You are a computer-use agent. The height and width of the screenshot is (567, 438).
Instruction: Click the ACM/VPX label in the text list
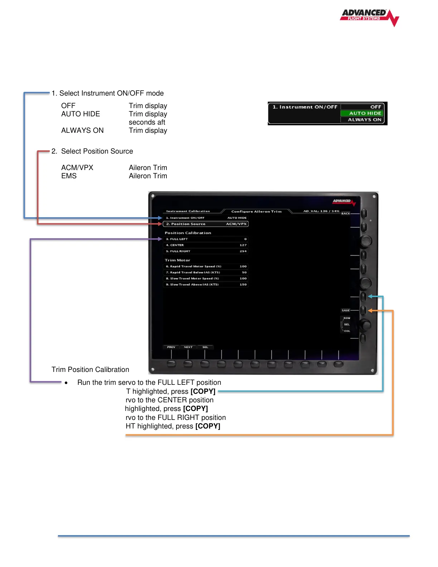(x=77, y=168)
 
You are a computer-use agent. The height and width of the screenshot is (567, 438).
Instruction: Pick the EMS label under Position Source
(x=69, y=176)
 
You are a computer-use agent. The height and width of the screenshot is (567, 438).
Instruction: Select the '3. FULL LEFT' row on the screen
(x=177, y=239)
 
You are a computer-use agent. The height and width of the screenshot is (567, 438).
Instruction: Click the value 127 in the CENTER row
(x=243, y=245)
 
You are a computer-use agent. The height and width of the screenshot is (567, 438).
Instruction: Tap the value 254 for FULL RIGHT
(x=243, y=251)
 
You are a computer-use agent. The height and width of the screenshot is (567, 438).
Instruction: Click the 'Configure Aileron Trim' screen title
(x=256, y=212)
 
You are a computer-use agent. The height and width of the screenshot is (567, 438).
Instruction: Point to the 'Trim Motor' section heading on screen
(x=177, y=260)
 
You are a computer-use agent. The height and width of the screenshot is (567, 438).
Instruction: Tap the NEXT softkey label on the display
(x=188, y=347)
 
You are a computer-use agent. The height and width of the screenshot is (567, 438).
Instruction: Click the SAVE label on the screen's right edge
(x=346, y=311)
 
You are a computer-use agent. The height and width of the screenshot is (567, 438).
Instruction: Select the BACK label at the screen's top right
(x=346, y=214)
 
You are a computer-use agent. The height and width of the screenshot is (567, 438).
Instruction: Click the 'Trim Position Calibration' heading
(x=90, y=370)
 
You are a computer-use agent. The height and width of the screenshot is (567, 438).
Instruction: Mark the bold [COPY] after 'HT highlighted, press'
(x=208, y=426)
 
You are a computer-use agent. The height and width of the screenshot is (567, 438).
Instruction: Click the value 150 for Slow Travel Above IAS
(x=243, y=285)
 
